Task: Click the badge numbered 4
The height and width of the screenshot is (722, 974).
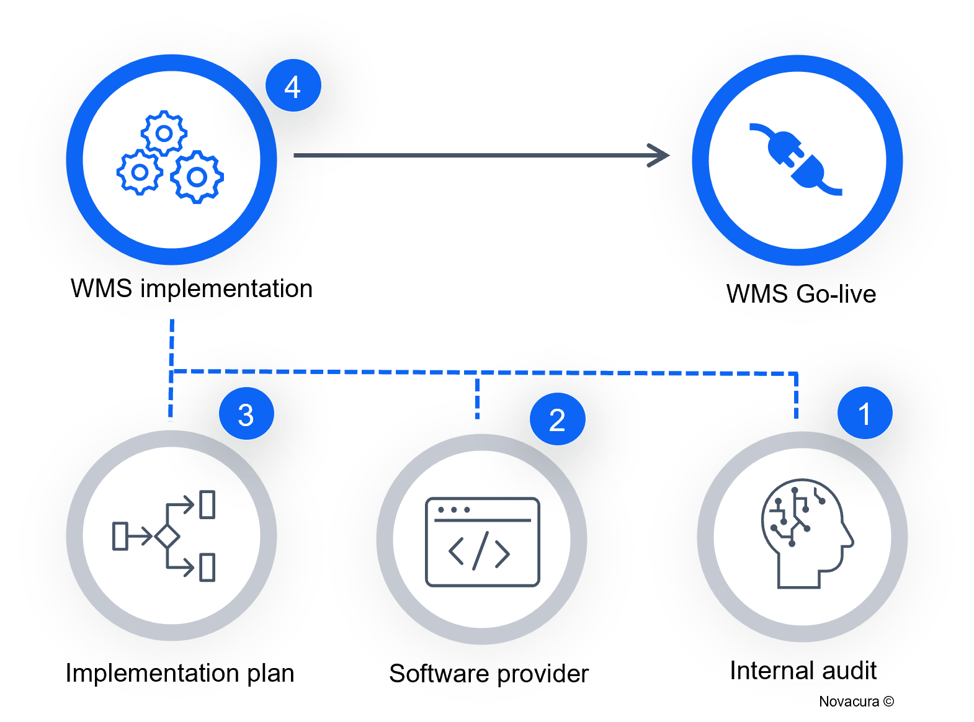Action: coord(293,86)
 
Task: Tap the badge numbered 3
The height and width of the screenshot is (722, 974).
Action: coord(246,414)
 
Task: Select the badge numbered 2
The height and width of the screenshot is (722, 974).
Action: coord(557,420)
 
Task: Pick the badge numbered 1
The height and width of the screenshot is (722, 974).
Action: coord(865,413)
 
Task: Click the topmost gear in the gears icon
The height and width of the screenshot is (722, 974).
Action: coord(164,133)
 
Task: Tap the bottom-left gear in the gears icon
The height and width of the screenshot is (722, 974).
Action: coord(140,172)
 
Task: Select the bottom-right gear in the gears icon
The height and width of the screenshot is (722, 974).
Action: coord(197,177)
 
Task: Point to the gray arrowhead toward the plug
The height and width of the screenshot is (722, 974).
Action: coord(659,155)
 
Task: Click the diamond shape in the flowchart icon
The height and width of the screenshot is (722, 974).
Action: coord(167,536)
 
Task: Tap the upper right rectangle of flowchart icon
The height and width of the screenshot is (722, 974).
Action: coord(207,504)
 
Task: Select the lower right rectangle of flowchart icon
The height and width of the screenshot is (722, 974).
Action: coord(207,567)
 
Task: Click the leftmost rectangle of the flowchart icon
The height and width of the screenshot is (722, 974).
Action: coord(120,536)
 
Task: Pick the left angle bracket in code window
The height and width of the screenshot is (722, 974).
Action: coord(456,551)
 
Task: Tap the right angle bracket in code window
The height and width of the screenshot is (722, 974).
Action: coord(503,552)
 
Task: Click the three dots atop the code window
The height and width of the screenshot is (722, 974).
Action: coord(453,510)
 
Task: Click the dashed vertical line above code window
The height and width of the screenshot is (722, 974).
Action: coord(477,398)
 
